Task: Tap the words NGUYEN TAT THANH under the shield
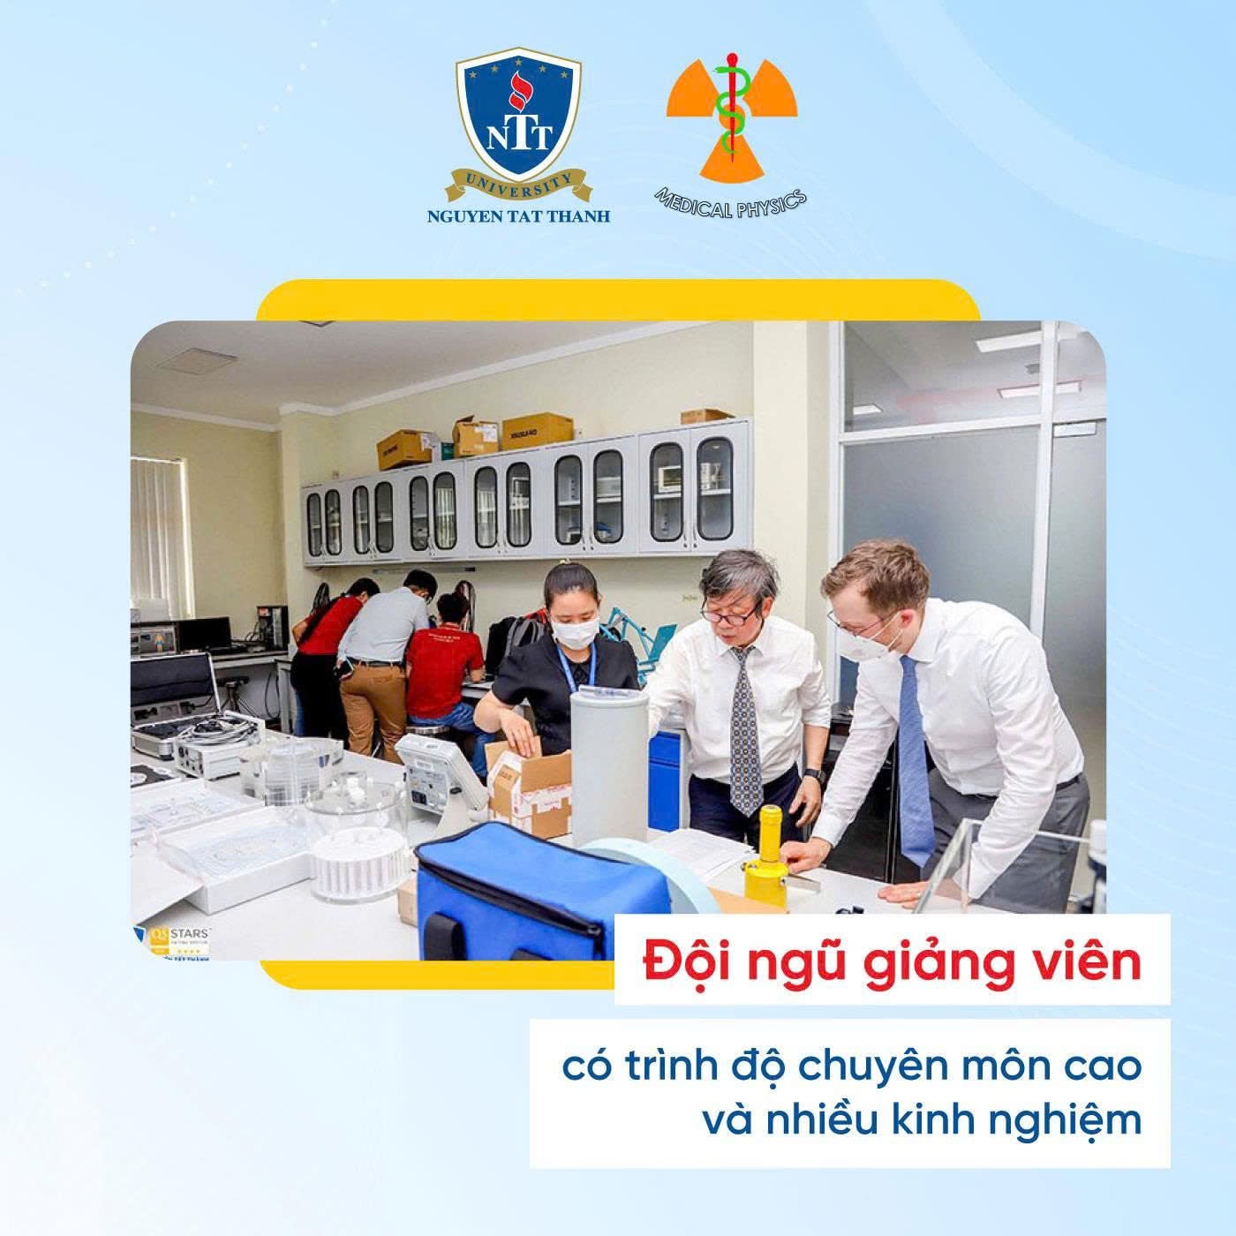(x=518, y=215)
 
